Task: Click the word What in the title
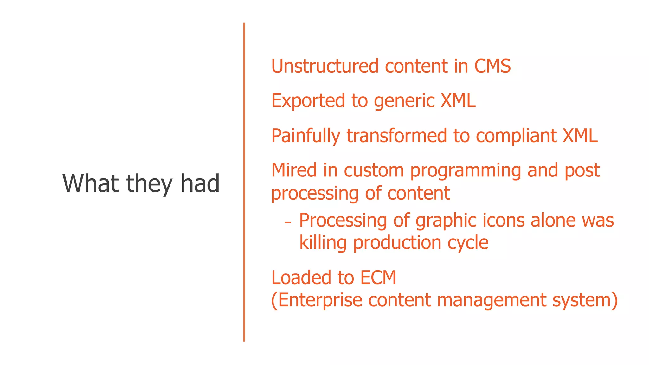[x=91, y=183]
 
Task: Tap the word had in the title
[x=200, y=183]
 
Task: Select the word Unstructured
[x=325, y=66]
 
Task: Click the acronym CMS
[x=492, y=66]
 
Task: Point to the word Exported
[x=308, y=101]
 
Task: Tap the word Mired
[x=294, y=170]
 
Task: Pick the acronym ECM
[x=378, y=278]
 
